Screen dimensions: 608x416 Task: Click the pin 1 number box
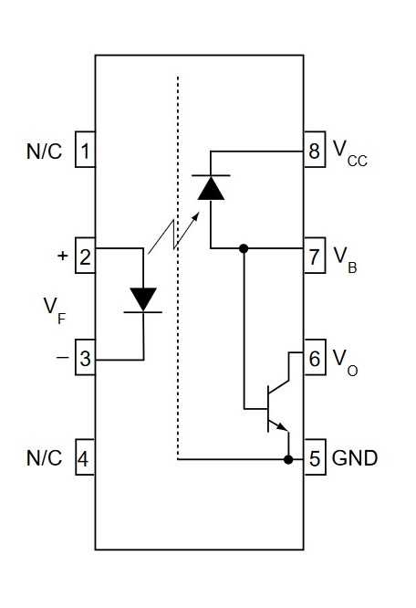[x=84, y=151]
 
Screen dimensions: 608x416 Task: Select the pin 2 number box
[x=84, y=257]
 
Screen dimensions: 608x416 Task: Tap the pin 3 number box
[x=84, y=359]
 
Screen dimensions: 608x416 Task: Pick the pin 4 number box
[x=84, y=457]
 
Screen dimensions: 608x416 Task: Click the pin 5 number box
[x=315, y=457]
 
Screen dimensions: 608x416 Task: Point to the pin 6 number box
[x=315, y=359]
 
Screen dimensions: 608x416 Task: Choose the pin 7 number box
[x=315, y=257]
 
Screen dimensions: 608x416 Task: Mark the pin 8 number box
[x=315, y=151]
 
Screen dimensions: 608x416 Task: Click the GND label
[x=355, y=457]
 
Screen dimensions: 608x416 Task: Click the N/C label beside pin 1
[x=44, y=151]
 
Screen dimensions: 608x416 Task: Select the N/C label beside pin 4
[x=44, y=457]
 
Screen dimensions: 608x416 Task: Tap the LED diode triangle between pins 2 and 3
[x=144, y=299]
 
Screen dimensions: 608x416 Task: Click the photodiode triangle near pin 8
[x=211, y=187]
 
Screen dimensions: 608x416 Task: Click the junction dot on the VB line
[x=244, y=247]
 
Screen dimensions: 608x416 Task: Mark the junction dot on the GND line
[x=289, y=458]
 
